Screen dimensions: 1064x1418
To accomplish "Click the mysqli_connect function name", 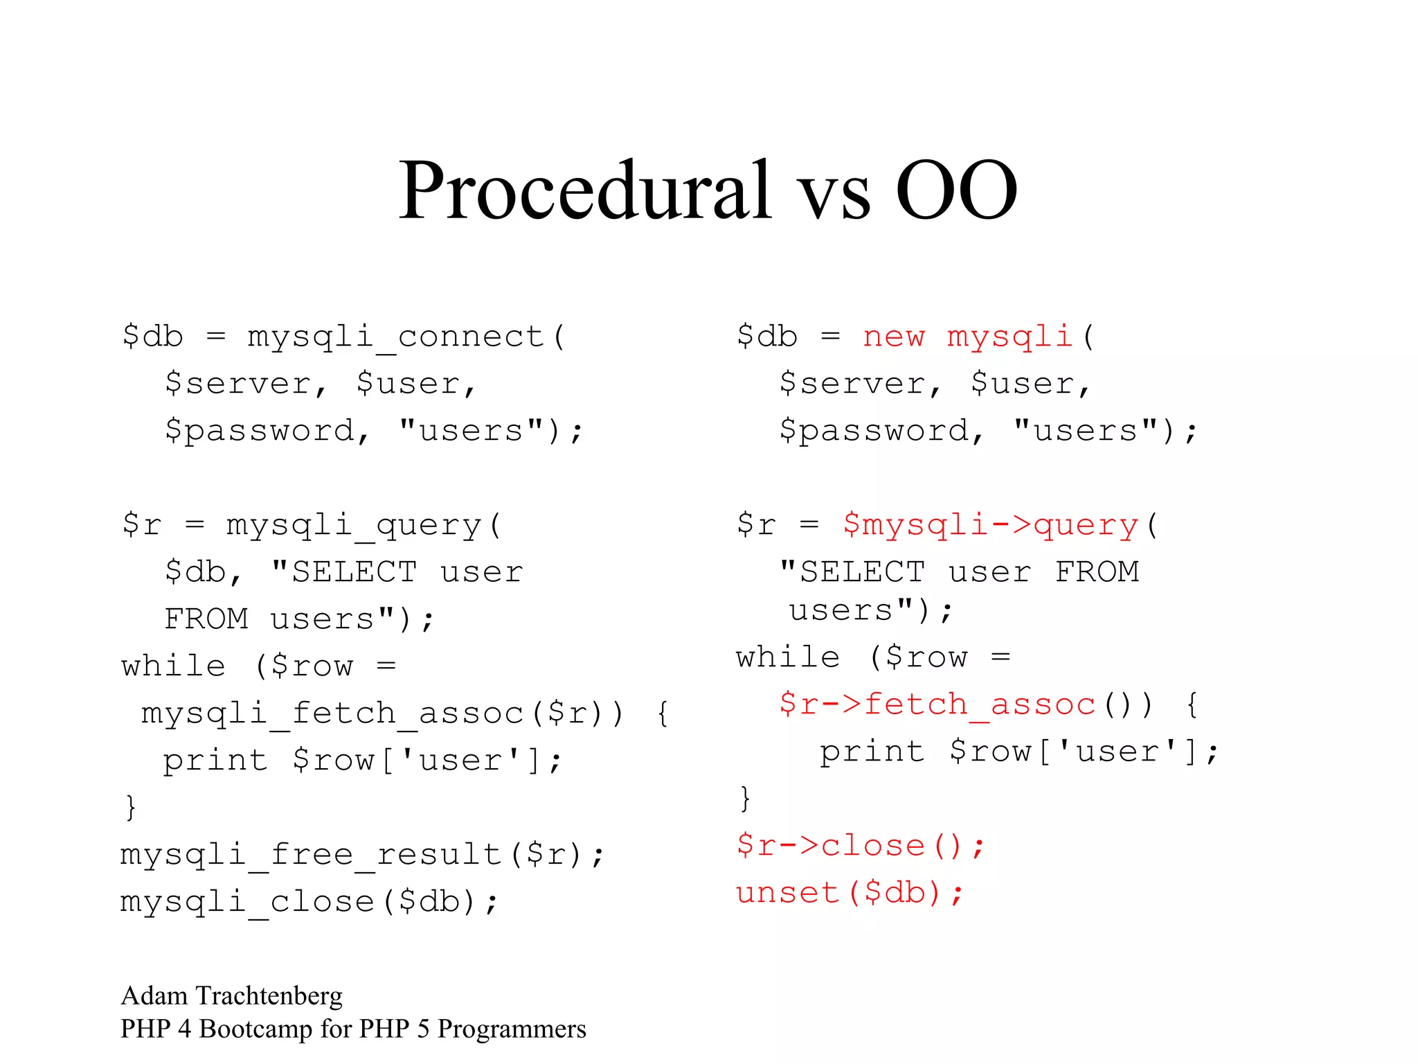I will (x=396, y=337).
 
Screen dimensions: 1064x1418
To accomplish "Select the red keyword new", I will (x=893, y=337).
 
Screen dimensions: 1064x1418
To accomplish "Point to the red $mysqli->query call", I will (x=990, y=525).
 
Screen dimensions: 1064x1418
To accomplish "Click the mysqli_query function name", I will (x=354, y=525).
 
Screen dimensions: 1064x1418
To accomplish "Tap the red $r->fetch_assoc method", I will (x=937, y=704).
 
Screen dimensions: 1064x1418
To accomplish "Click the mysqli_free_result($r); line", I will (x=363, y=854).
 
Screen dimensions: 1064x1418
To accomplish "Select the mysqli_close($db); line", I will (x=309, y=902).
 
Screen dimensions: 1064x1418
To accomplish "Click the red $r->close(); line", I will (x=860, y=846).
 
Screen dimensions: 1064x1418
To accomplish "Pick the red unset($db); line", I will (x=850, y=893).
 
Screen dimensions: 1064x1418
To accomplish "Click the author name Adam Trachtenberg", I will (x=231, y=996).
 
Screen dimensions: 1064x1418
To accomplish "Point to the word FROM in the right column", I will (x=1097, y=572).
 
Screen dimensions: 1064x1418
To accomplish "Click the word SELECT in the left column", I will (x=354, y=572).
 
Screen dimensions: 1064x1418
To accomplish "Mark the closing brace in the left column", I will (x=130, y=808).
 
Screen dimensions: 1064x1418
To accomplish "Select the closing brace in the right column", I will (x=745, y=799).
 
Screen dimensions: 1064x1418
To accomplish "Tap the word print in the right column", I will (x=872, y=752).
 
